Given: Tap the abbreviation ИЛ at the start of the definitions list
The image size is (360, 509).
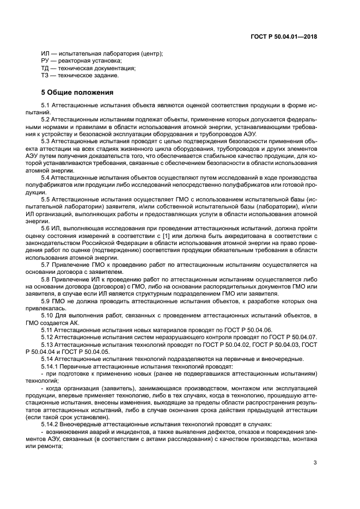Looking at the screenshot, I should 45,53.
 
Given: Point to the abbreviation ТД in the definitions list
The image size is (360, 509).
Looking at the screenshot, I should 45,69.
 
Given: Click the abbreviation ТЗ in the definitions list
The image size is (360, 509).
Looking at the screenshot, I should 45,76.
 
